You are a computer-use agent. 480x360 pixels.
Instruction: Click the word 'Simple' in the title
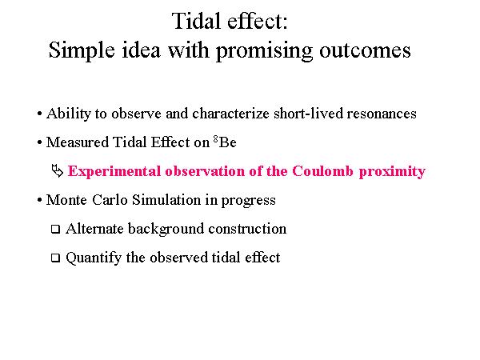pyautogui.click(x=82, y=50)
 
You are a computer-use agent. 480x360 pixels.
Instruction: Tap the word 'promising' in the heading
pyautogui.click(x=265, y=50)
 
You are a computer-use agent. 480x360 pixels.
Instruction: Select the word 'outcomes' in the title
pyautogui.click(x=365, y=50)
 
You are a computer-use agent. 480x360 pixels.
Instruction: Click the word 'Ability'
pyautogui.click(x=69, y=114)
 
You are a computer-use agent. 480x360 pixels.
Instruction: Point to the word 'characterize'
pyautogui.click(x=231, y=114)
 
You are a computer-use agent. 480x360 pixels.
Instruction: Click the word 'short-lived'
pyautogui.click(x=309, y=114)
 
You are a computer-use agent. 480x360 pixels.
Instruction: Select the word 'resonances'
pyautogui.click(x=382, y=114)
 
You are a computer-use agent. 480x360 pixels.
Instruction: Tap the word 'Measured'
pyautogui.click(x=78, y=142)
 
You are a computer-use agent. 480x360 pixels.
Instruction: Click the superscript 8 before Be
pyautogui.click(x=216, y=139)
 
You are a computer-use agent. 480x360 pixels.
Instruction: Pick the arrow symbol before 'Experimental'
pyautogui.click(x=58, y=171)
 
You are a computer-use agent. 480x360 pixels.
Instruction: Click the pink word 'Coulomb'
pyautogui.click(x=322, y=171)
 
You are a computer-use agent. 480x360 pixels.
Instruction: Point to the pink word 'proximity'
pyautogui.click(x=392, y=171)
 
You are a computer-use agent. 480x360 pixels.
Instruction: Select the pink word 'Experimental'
pyautogui.click(x=114, y=171)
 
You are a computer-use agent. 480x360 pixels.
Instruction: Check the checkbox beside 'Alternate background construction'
pyautogui.click(x=55, y=229)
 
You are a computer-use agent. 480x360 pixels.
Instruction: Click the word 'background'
pyautogui.click(x=166, y=229)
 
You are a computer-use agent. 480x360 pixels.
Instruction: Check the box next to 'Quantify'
pyautogui.click(x=55, y=258)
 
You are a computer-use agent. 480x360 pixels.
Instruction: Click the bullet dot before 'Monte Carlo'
pyautogui.click(x=39, y=200)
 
